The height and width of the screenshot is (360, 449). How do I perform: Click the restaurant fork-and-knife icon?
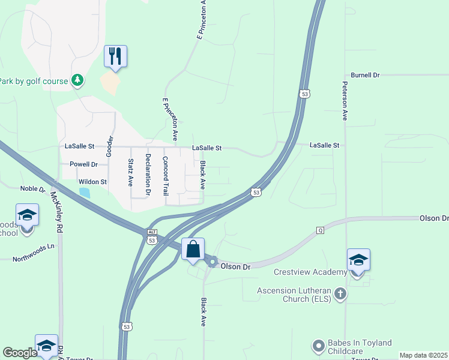click(114, 56)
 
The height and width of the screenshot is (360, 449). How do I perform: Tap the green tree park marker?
click(77, 80)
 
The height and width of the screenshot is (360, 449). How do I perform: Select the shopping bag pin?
click(193, 249)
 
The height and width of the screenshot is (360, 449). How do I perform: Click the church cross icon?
click(340, 293)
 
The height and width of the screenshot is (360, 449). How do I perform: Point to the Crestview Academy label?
click(310, 272)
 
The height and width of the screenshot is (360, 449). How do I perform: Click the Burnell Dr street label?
click(366, 75)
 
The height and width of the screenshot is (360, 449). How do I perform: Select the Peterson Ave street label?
click(345, 101)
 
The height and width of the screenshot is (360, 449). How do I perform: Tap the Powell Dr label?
click(83, 164)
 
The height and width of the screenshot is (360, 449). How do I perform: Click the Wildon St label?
click(92, 182)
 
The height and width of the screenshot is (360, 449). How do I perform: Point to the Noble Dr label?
click(33, 188)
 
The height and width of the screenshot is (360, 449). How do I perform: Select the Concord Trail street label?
click(165, 176)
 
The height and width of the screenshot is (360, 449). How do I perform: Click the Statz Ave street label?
click(130, 172)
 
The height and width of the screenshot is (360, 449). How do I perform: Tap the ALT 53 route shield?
click(152, 240)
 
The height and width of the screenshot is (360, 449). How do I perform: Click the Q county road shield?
click(320, 230)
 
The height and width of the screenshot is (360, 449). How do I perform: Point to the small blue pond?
click(85, 193)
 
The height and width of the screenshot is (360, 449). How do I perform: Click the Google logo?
click(20, 353)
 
